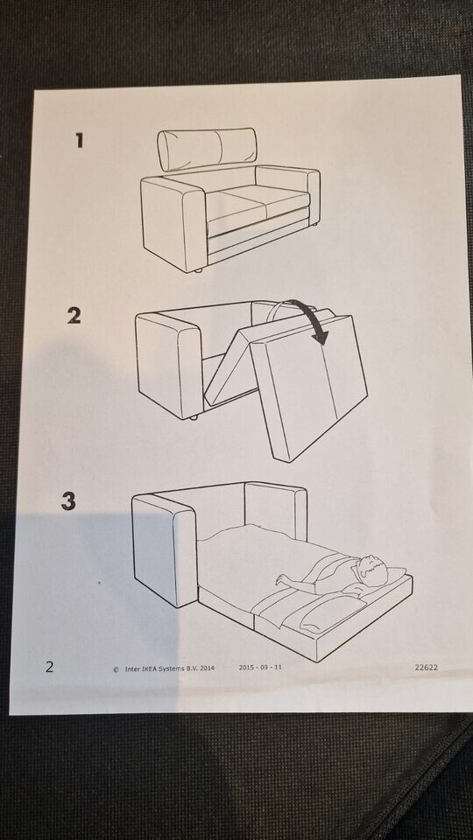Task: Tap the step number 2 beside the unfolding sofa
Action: click(74, 316)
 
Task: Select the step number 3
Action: click(69, 501)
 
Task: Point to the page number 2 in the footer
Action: click(49, 667)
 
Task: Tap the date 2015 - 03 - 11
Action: click(260, 668)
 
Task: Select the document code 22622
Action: click(427, 667)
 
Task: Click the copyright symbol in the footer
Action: click(116, 668)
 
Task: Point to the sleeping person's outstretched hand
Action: click(282, 578)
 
